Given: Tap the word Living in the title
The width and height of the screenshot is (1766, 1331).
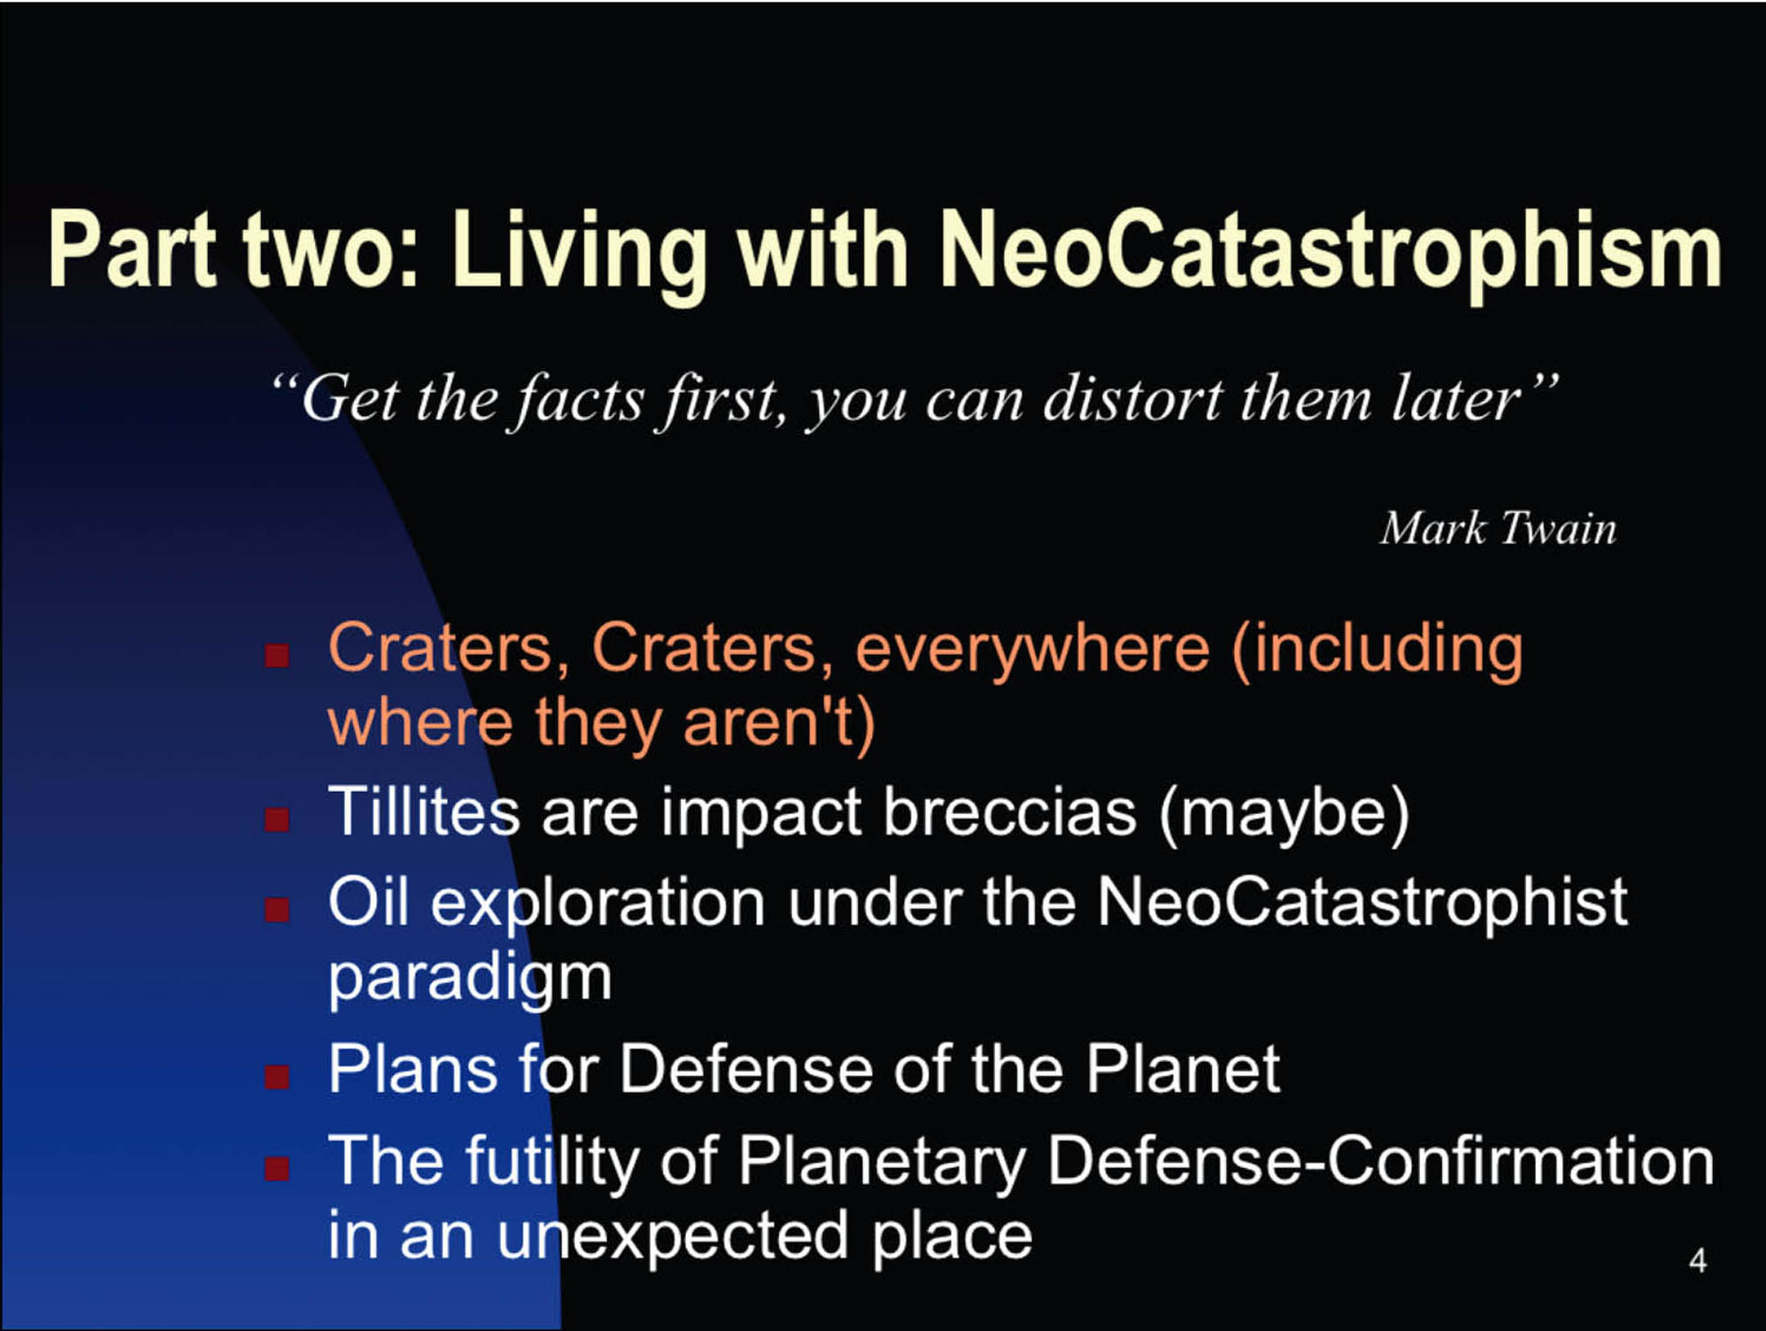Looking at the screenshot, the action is coord(579,253).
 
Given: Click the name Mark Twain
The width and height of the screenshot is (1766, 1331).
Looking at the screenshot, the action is coord(1498,528).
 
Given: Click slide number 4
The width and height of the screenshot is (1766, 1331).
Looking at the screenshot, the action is coord(1698,1260).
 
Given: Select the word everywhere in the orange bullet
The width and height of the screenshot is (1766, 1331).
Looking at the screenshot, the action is coord(1032,650).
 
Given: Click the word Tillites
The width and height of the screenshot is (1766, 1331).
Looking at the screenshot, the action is coord(424,811).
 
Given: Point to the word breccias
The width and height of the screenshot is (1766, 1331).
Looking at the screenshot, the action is coord(1010,812).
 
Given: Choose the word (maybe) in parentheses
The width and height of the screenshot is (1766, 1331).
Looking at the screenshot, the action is coord(1284,814).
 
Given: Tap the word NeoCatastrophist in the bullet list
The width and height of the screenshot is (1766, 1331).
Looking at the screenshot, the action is coord(1362,903).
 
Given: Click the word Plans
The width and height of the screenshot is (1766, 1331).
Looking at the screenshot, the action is coord(413,1068).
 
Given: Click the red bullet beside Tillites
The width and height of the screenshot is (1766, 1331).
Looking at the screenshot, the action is coord(277,819).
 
